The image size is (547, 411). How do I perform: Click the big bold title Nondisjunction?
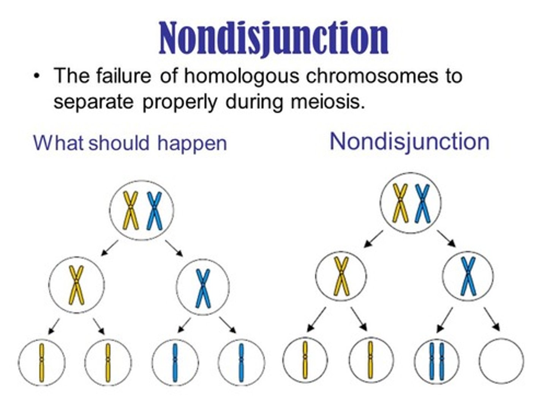(273, 38)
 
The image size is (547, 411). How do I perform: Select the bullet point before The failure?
(36, 76)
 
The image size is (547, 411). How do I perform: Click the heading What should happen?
(130, 143)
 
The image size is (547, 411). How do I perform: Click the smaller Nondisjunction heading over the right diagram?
(409, 142)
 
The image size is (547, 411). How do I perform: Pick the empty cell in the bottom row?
(501, 360)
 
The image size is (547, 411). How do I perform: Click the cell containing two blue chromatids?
(436, 360)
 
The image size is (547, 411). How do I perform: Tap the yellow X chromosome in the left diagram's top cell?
(131, 210)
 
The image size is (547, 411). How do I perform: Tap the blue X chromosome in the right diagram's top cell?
(422, 203)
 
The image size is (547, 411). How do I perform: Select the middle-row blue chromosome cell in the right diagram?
(468, 276)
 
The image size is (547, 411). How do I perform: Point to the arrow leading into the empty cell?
(492, 319)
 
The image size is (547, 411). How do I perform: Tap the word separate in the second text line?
(93, 102)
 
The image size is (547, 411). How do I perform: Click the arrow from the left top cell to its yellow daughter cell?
(110, 248)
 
